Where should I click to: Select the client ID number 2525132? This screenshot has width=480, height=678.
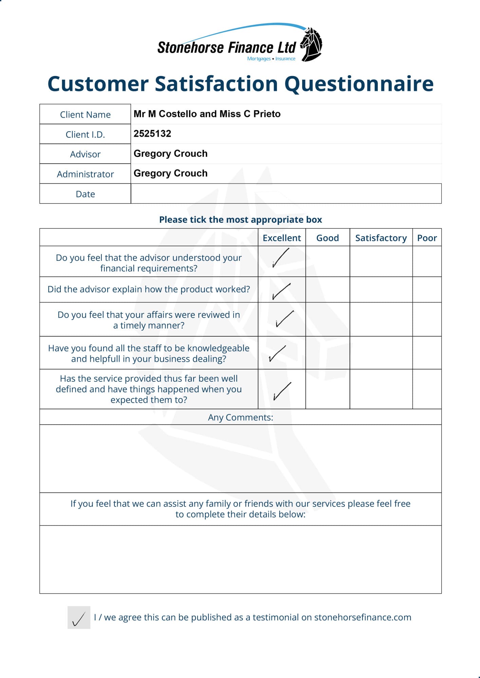pyautogui.click(x=152, y=134)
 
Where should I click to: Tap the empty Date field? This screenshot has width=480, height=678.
pyautogui.click(x=286, y=194)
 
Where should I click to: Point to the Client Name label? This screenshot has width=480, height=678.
pyautogui.click(x=85, y=115)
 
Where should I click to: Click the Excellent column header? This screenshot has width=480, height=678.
pyautogui.click(x=282, y=238)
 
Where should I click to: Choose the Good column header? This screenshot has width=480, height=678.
pyautogui.click(x=328, y=238)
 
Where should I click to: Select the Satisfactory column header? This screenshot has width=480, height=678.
pyautogui.click(x=381, y=238)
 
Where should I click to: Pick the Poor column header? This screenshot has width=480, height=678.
pyautogui.click(x=427, y=238)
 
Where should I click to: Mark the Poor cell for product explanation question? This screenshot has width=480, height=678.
pyautogui.click(x=427, y=290)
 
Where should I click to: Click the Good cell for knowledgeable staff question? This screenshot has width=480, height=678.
pyautogui.click(x=328, y=353)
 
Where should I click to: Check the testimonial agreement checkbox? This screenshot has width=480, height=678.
pyautogui.click(x=79, y=618)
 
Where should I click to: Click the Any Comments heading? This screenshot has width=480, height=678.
pyautogui.click(x=240, y=417)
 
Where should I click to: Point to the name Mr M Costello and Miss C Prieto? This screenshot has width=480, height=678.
pyautogui.click(x=207, y=114)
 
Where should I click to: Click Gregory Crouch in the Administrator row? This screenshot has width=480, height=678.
pyautogui.click(x=170, y=173)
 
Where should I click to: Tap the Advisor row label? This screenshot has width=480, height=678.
pyautogui.click(x=85, y=154)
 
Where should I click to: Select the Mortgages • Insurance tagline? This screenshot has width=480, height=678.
pyautogui.click(x=271, y=59)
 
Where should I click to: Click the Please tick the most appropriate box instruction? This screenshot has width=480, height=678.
pyautogui.click(x=240, y=220)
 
